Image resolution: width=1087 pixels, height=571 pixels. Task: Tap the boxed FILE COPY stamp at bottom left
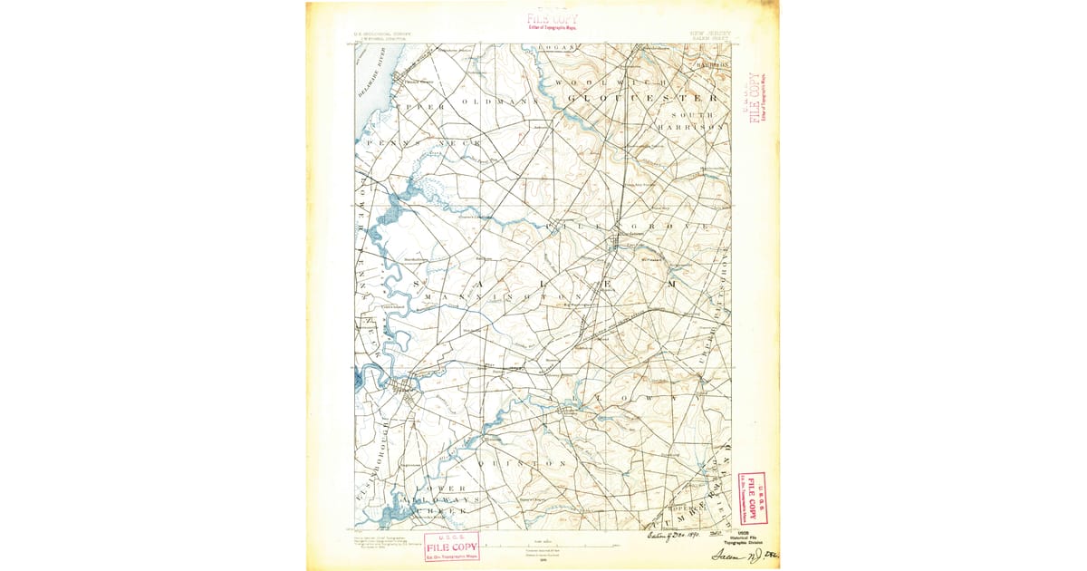click(x=450, y=546)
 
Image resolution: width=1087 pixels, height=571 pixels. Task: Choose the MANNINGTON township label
click(x=512, y=296)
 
